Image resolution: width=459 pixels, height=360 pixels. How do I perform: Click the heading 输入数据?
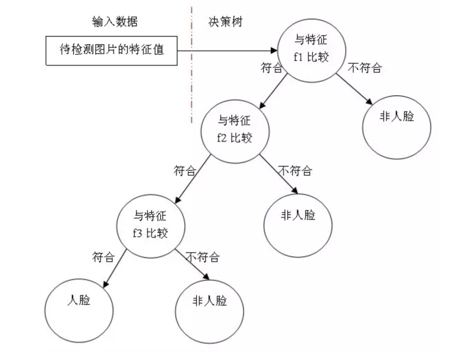[x=115, y=22]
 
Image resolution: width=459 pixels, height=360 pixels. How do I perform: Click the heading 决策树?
[x=225, y=22]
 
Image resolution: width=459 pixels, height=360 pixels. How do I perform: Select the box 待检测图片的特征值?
[x=111, y=50]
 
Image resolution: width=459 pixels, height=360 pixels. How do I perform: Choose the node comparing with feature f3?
[x=150, y=226]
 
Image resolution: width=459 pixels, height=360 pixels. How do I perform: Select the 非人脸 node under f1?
[x=396, y=127]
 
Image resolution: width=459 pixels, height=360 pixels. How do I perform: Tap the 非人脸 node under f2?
[x=298, y=225]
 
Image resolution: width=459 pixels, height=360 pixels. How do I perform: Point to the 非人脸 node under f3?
[x=209, y=310]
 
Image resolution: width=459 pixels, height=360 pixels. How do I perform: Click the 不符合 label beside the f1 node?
[x=365, y=68]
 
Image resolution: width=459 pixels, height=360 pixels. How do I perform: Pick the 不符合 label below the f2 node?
[x=295, y=170]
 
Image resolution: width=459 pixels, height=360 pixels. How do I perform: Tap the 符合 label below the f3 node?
[x=103, y=257]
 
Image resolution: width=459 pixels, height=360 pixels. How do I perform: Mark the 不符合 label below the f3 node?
[x=203, y=257]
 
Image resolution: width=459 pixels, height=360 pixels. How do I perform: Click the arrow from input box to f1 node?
[x=227, y=50]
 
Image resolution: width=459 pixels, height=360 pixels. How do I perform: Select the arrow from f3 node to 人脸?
[x=115, y=268]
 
